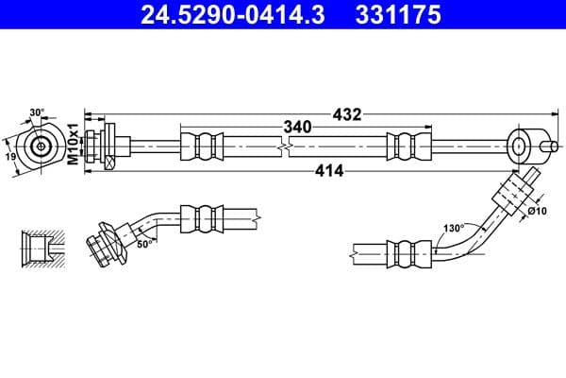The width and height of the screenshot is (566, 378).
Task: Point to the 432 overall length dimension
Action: (347, 114)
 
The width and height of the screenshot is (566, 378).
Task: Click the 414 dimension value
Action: (328, 171)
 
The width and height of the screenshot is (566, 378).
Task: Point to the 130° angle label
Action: (455, 228)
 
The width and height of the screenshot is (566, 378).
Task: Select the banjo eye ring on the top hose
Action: (521, 146)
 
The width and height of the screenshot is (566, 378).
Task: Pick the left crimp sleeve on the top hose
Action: (203, 146)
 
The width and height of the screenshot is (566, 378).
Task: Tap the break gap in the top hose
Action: (285, 146)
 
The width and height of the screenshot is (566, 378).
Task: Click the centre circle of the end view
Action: (41, 146)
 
